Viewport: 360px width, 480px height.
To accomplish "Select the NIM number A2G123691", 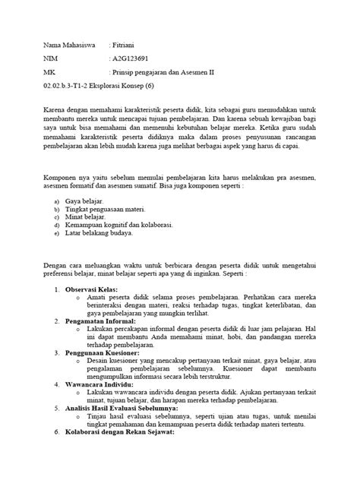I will (x=134, y=58).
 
